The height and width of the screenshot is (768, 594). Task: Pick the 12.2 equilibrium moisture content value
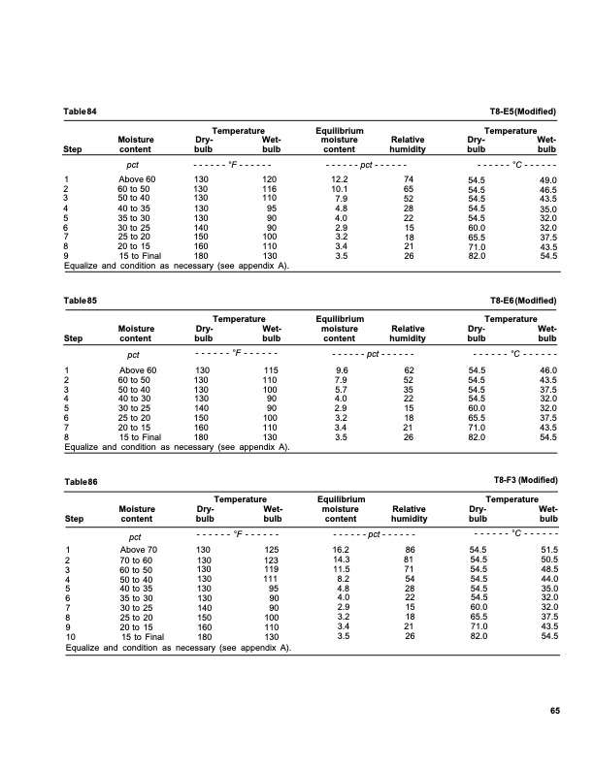click(340, 180)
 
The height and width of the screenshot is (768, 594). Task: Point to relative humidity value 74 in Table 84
click(409, 180)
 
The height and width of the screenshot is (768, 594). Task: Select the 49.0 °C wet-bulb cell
click(547, 180)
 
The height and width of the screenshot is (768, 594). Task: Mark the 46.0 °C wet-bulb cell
click(547, 370)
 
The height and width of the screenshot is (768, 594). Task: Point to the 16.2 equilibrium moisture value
click(340, 550)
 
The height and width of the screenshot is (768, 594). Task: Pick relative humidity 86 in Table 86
click(409, 550)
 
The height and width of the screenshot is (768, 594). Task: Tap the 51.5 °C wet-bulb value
click(547, 550)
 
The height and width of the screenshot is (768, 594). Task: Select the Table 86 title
click(81, 481)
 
